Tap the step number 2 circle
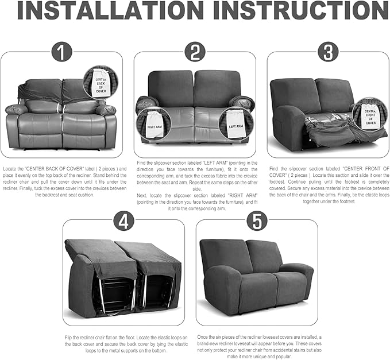[x=195, y=52]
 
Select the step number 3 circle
[x=328, y=52]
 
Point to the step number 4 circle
[x=123, y=220]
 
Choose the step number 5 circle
[x=257, y=220]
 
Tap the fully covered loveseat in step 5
[x=256, y=274]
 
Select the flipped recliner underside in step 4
[x=123, y=278]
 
